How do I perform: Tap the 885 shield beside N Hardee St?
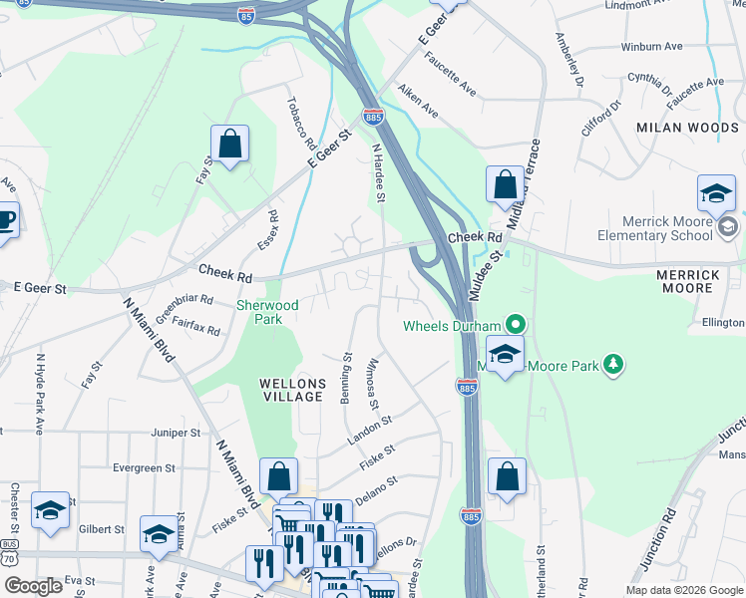click(373, 118)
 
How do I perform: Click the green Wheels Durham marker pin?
click(515, 325)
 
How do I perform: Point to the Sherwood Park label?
click(259, 312)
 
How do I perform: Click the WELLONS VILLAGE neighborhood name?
click(291, 390)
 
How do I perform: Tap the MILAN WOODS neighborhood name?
click(687, 128)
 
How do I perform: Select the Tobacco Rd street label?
click(301, 119)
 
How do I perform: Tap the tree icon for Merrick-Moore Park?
click(616, 366)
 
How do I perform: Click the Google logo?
click(33, 586)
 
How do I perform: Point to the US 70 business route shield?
click(9, 554)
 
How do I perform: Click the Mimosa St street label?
click(372, 384)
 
